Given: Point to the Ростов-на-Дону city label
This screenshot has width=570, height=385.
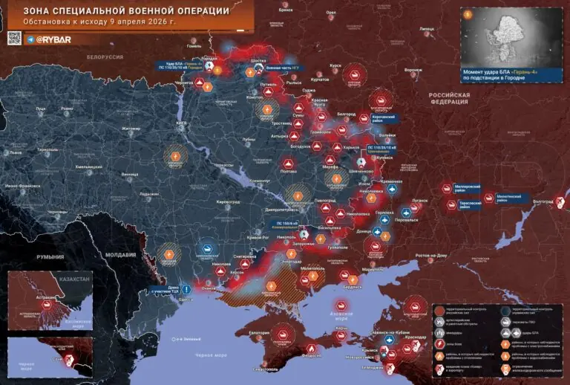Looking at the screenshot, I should (430, 255).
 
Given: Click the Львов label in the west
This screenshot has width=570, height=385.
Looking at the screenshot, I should (16, 152).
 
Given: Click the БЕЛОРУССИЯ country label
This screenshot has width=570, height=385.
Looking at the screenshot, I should (104, 56).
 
